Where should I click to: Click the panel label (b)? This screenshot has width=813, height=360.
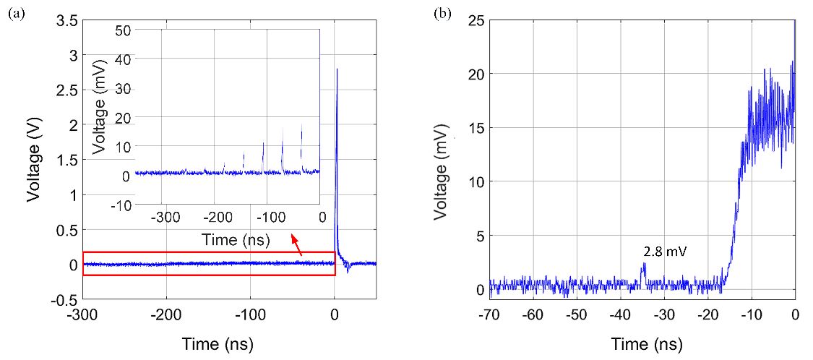click(440, 13)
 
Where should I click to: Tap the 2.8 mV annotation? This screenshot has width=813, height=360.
click(664, 252)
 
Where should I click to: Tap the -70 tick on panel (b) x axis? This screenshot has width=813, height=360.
click(489, 316)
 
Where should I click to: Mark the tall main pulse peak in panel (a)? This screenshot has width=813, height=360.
click(337, 69)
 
